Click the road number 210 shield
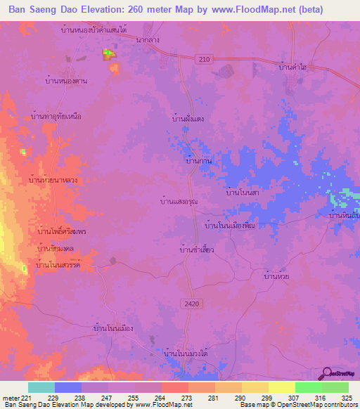click(204, 60)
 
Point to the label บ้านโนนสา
click(243, 190)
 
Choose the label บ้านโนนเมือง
click(113, 328)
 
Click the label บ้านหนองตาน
click(65, 82)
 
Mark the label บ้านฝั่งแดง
click(188, 119)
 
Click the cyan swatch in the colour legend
click(41, 387)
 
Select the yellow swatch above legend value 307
click(281, 387)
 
